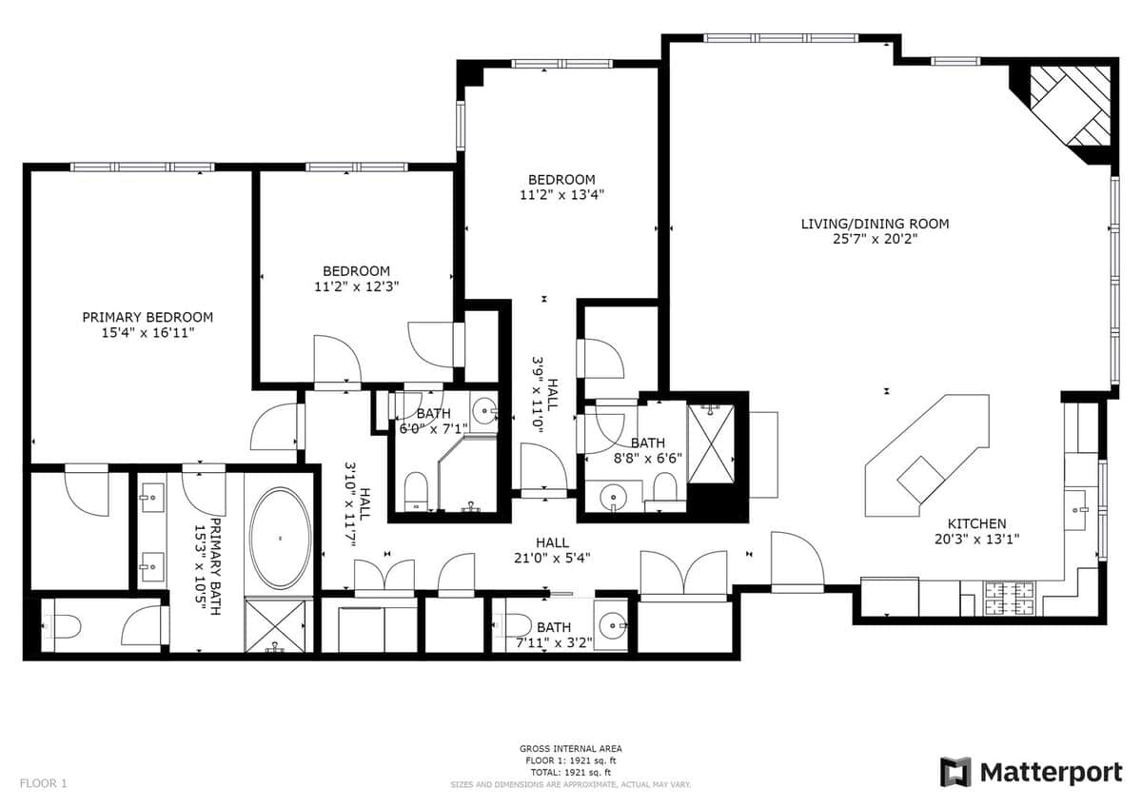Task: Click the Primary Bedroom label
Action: tap(148, 317)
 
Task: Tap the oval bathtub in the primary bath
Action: tap(280, 539)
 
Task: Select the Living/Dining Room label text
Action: tap(875, 224)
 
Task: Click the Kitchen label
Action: tap(976, 523)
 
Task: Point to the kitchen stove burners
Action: tap(1010, 599)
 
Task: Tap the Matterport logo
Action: tap(1032, 773)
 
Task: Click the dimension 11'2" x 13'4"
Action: tap(561, 195)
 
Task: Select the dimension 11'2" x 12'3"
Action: tap(356, 286)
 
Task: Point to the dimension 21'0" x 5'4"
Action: tap(552, 558)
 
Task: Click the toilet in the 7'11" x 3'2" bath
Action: tap(514, 625)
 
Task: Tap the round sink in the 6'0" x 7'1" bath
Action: tap(482, 409)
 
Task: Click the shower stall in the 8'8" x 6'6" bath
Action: tap(711, 443)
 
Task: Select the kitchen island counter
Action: tap(927, 456)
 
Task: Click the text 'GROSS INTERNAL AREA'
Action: tap(570, 749)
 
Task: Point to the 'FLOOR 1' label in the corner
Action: tap(44, 783)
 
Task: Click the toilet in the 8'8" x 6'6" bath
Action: tap(665, 487)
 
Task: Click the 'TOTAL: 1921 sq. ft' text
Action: tap(570, 773)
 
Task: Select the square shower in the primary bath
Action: tap(276, 624)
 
